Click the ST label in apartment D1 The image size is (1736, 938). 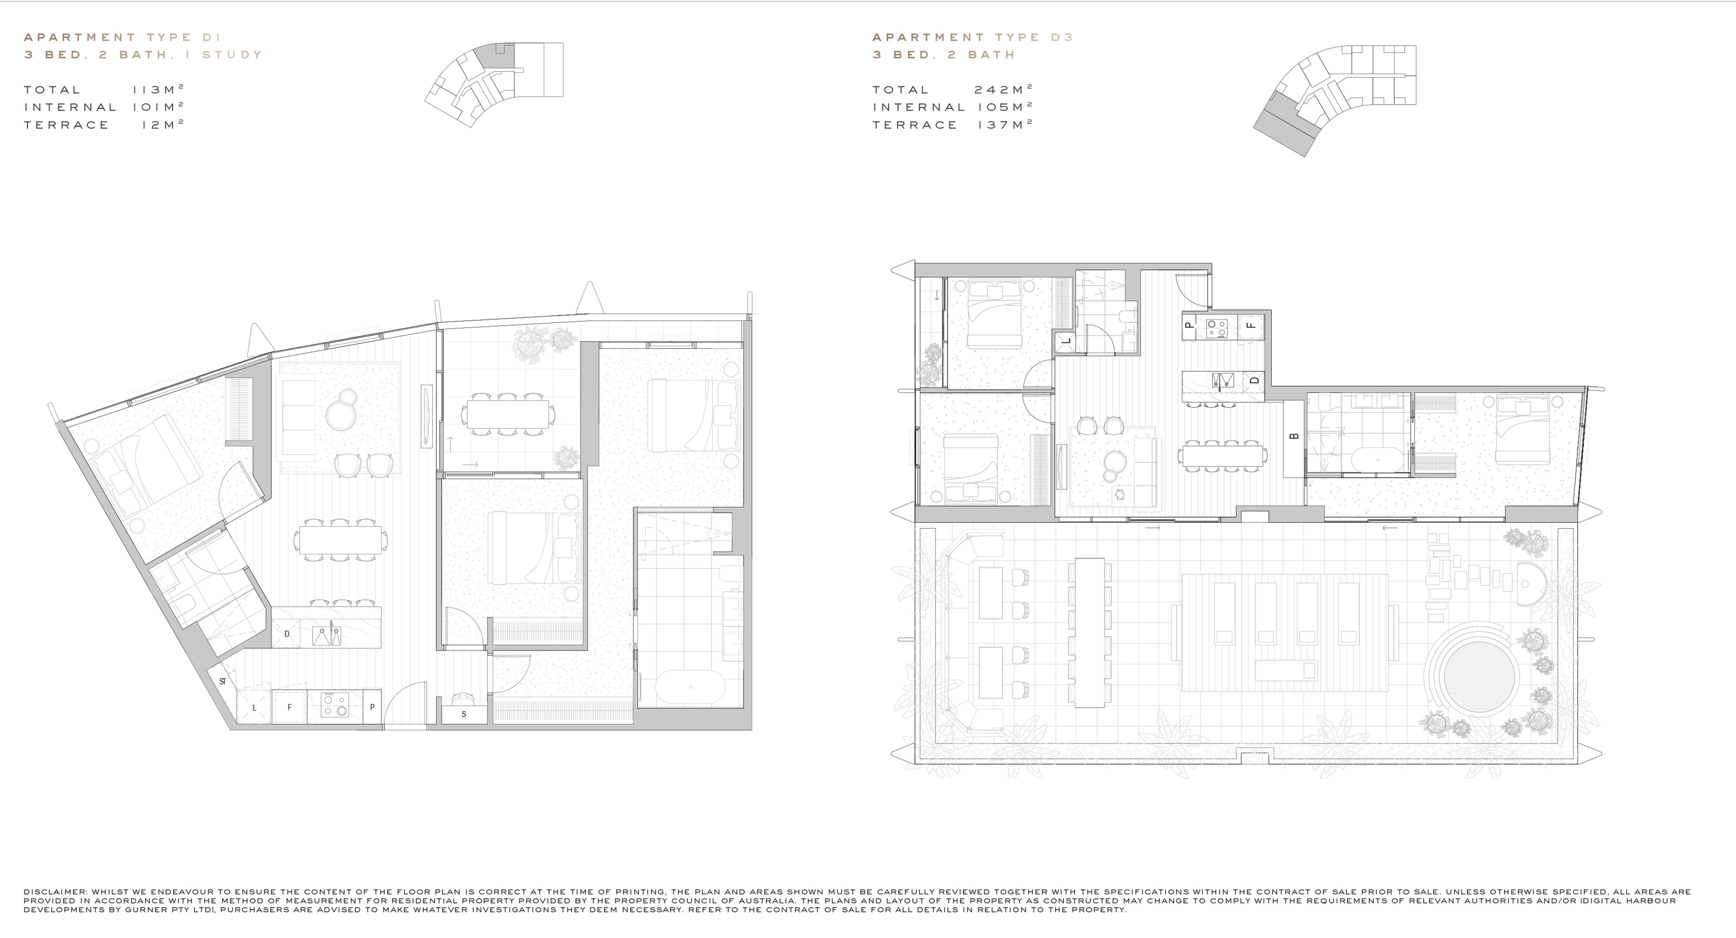223,681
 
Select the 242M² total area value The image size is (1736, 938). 1004,89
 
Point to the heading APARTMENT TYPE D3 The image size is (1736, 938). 972,37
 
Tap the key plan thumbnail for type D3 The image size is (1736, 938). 1334,101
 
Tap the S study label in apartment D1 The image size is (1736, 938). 464,714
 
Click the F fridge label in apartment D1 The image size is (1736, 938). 290,707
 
